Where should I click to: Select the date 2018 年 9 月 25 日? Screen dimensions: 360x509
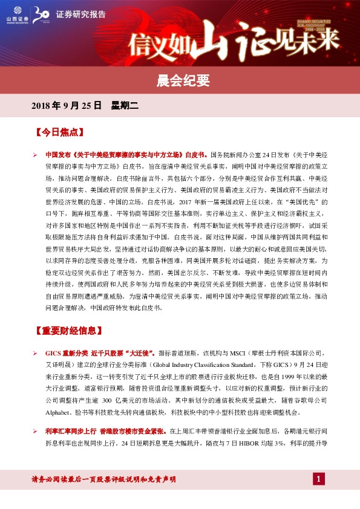[65, 106]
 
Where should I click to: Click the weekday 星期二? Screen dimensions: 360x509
[125, 106]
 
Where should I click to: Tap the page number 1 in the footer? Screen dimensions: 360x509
[319, 479]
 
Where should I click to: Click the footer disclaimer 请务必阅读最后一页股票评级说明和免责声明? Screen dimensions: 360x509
[103, 479]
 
